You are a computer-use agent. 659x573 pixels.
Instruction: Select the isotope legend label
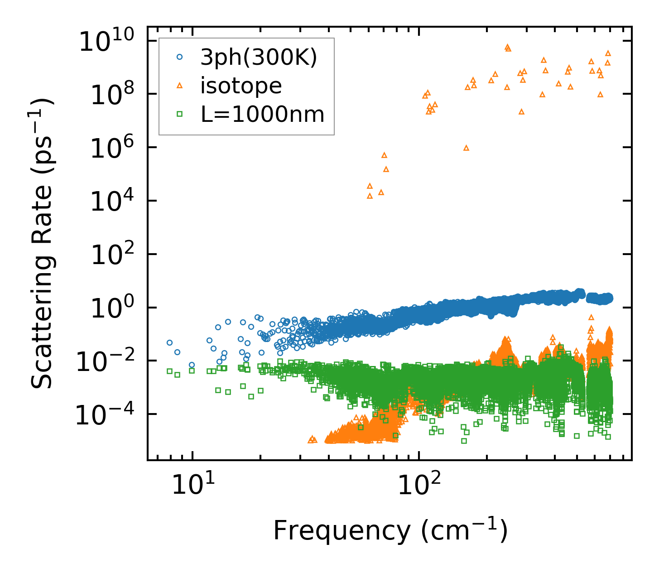coord(241,86)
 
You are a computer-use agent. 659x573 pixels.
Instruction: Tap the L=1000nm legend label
coord(263,114)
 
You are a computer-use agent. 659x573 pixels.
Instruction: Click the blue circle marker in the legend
coord(180,57)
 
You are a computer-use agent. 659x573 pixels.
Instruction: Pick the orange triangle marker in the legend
coord(180,85)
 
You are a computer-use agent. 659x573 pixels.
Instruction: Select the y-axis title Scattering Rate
coord(42,243)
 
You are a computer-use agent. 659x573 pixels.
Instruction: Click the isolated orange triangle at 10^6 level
coord(466,148)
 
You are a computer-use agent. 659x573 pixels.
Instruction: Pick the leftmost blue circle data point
coord(169,342)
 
